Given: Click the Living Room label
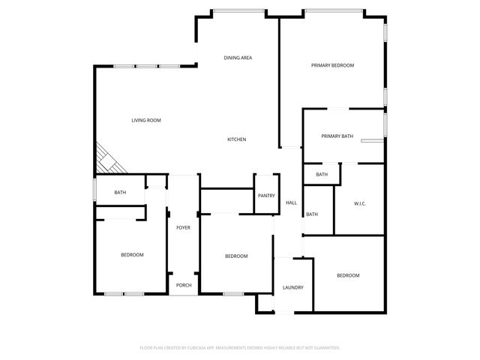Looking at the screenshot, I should pyautogui.click(x=146, y=120).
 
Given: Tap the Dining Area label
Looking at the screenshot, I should pyautogui.click(x=238, y=58).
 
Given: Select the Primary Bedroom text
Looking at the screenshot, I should pyautogui.click(x=332, y=65).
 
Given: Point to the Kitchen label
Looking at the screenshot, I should pyautogui.click(x=237, y=139).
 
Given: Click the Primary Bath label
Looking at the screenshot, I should pyautogui.click(x=337, y=136).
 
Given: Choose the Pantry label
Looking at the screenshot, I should pyautogui.click(x=266, y=196).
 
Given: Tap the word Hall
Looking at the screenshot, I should pyautogui.click(x=291, y=202).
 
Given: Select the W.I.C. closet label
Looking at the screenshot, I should pyautogui.click(x=359, y=203).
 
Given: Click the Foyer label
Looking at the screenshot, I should pyautogui.click(x=183, y=227).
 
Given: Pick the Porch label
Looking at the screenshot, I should pyautogui.click(x=183, y=285).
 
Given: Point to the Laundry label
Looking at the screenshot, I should pyautogui.click(x=292, y=287).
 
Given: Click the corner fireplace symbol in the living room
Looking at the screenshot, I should pyautogui.click(x=106, y=160).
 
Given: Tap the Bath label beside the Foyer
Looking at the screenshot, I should pyautogui.click(x=120, y=193).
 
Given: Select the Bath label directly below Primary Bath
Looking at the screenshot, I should pyautogui.click(x=322, y=175).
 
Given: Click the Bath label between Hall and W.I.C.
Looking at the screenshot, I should pyautogui.click(x=312, y=214).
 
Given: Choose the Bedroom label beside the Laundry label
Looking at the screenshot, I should pyautogui.click(x=348, y=275).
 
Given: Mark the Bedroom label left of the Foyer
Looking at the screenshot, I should pyautogui.click(x=132, y=255).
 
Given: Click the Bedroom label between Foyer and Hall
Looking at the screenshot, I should pyautogui.click(x=236, y=256).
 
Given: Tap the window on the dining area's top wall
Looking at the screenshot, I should pyautogui.click(x=238, y=10).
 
